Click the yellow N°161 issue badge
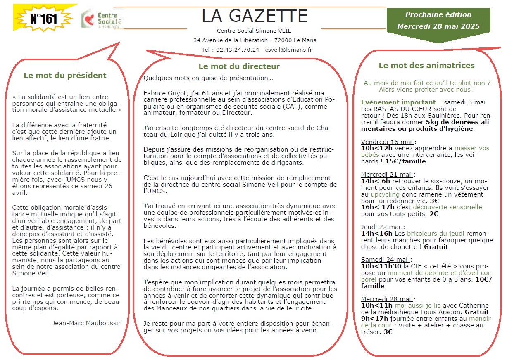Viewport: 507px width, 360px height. [43, 18]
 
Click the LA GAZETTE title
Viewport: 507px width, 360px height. [255, 16]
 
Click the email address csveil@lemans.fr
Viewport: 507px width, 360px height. [288, 50]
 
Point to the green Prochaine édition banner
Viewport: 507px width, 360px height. [438, 20]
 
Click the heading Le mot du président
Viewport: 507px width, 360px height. [65, 76]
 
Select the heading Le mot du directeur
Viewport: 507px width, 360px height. [239, 66]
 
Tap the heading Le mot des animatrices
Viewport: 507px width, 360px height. [426, 66]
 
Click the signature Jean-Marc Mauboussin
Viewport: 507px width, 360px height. [87, 323]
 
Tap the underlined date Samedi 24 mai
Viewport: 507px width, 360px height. [384, 259]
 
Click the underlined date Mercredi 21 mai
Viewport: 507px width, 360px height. [386, 174]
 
